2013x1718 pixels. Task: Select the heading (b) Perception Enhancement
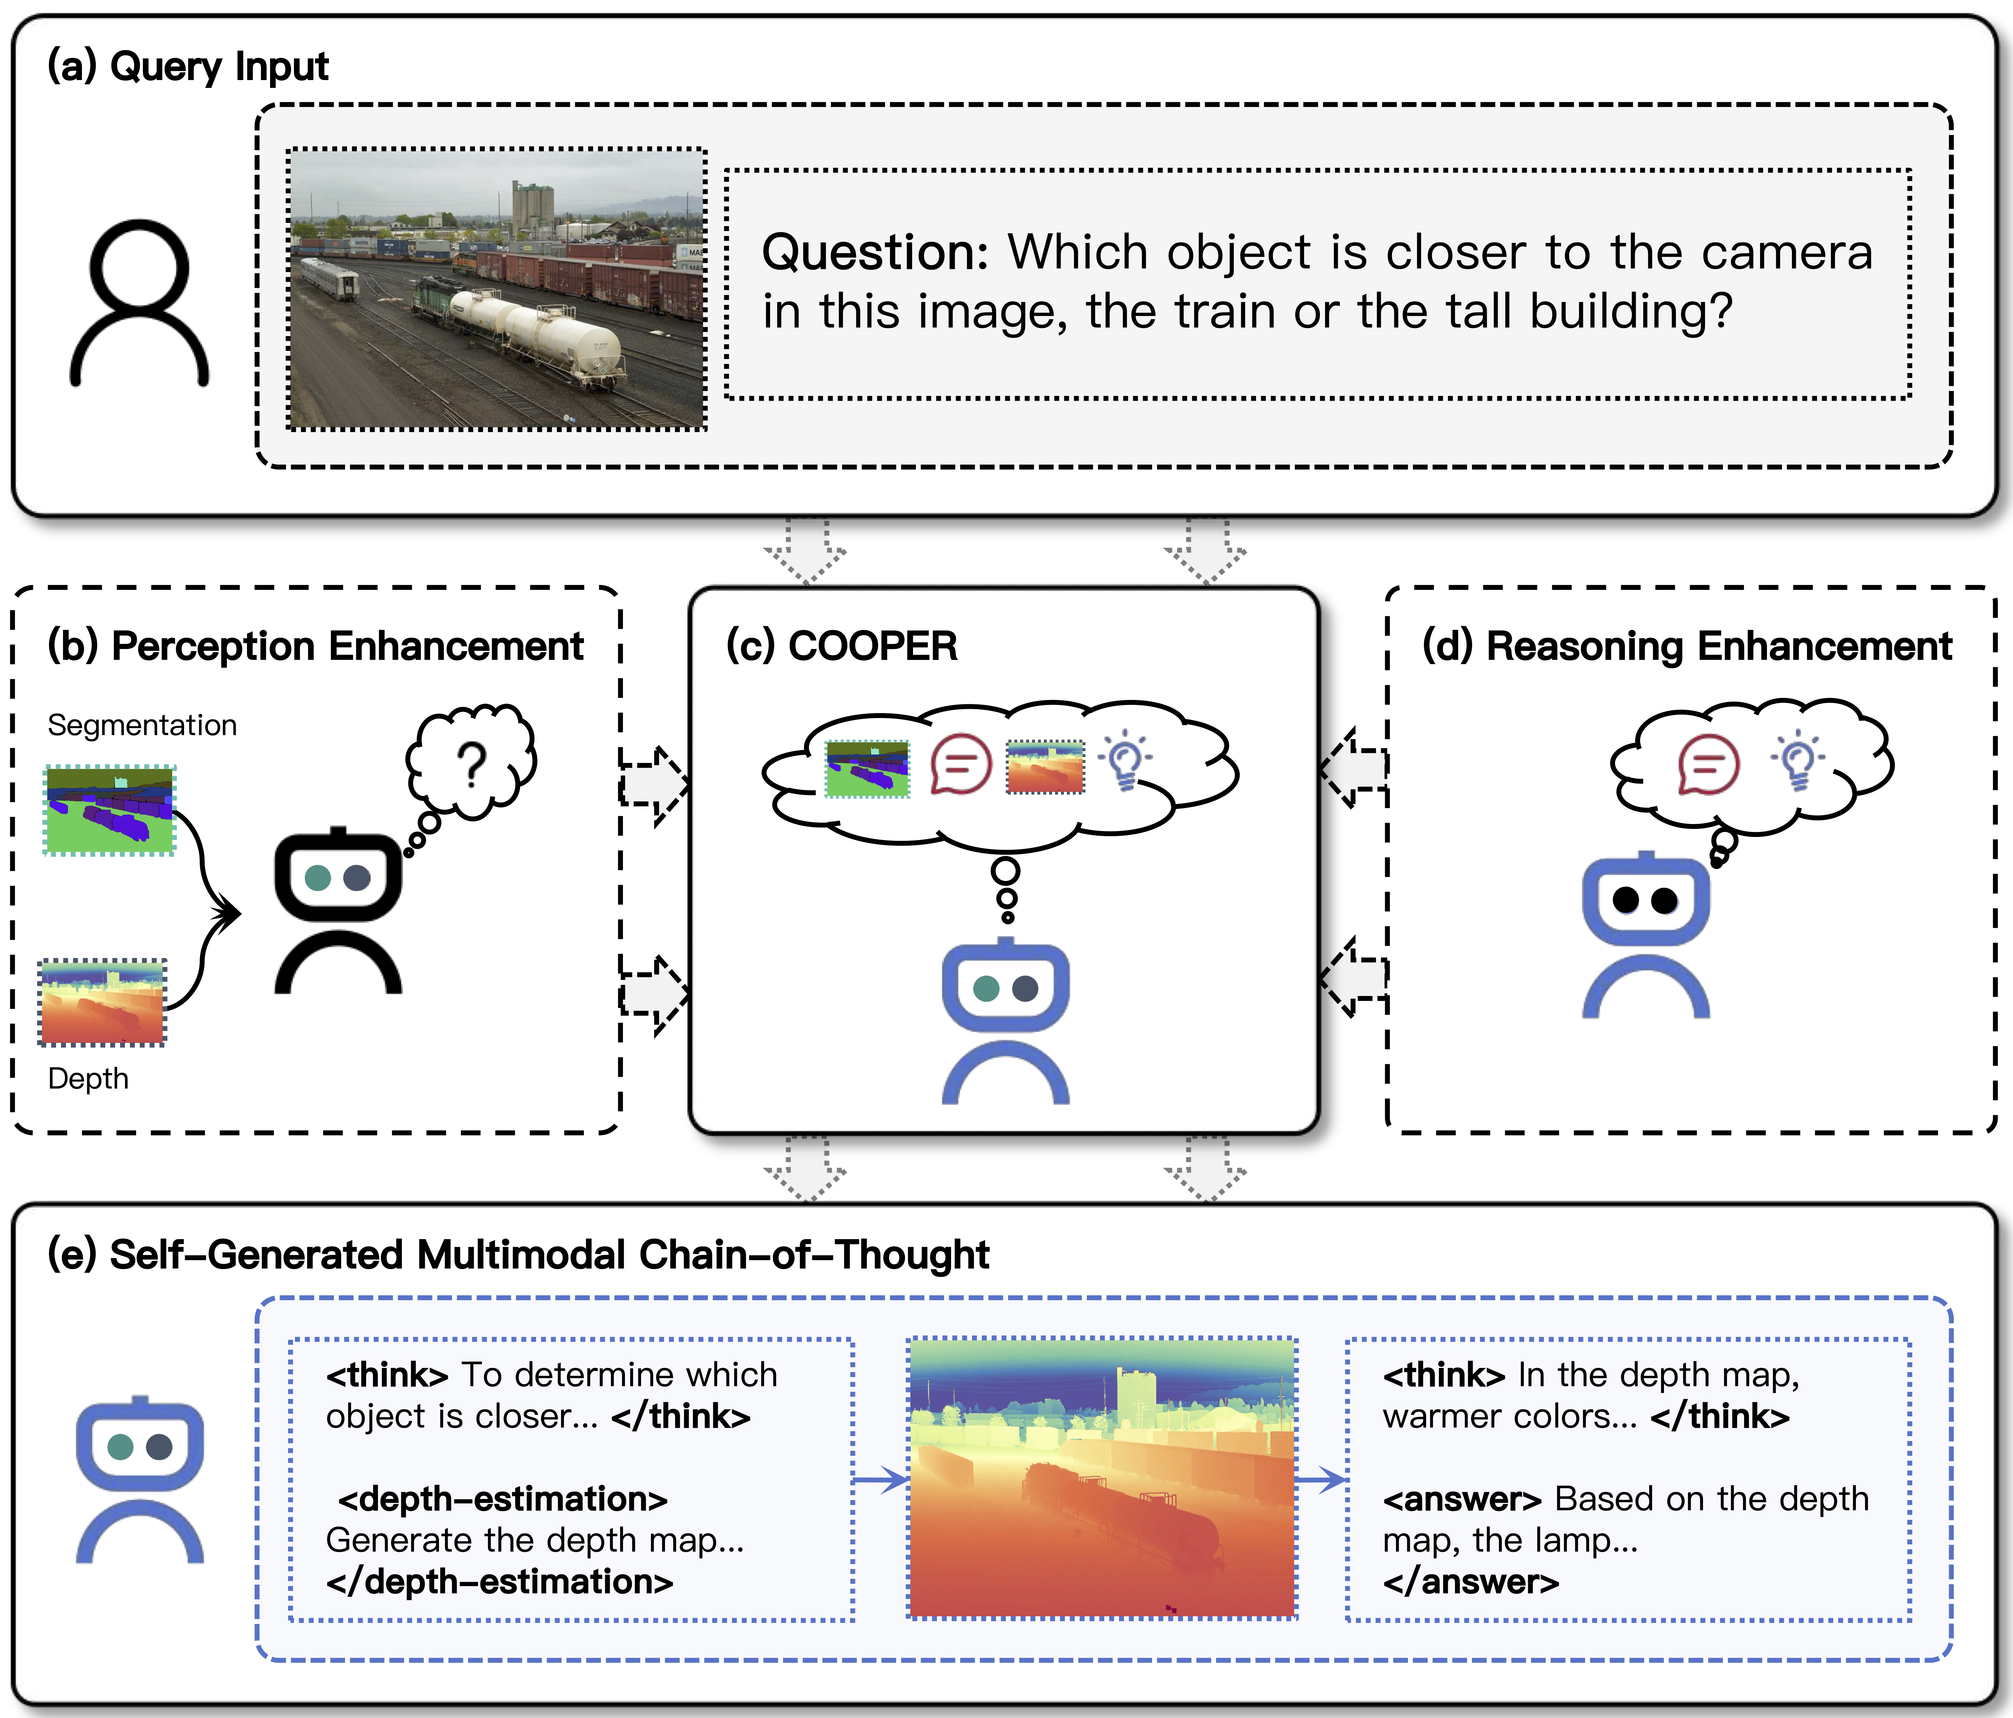click(316, 646)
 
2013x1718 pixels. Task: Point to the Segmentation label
click(142, 725)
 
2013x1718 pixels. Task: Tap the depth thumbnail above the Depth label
click(102, 1002)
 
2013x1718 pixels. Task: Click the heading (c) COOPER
click(841, 646)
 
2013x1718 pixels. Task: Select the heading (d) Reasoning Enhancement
click(1687, 646)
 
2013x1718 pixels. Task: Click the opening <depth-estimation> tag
click(502, 1499)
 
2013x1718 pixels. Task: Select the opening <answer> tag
click(1462, 1499)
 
